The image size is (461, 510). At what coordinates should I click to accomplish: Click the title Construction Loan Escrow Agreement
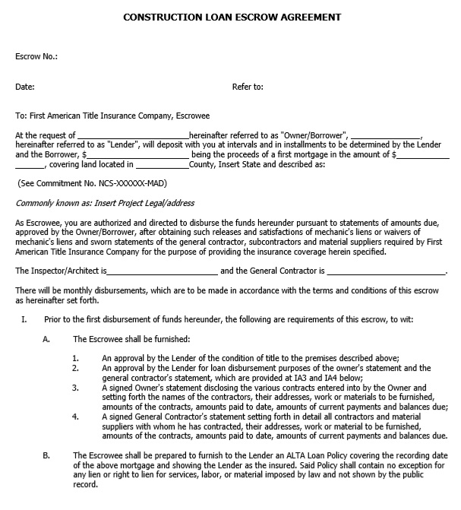click(231, 16)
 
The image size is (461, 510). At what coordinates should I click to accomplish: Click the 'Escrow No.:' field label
click(36, 56)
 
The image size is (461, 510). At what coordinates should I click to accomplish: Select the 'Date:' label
click(25, 87)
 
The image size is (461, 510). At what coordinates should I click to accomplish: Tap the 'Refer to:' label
click(248, 87)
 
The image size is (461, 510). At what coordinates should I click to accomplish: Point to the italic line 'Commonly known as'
click(105, 203)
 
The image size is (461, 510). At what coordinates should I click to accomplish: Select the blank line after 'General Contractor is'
click(386, 271)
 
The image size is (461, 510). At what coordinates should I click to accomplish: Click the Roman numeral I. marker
click(24, 319)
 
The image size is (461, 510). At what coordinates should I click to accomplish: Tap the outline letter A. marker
click(46, 339)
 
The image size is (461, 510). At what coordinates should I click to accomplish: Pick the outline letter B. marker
click(46, 455)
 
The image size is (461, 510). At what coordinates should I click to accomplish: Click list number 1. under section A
click(76, 358)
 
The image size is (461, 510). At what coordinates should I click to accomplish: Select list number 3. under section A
click(76, 387)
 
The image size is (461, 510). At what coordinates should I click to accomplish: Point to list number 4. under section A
click(76, 416)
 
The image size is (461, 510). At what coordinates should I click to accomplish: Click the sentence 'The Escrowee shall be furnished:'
click(131, 339)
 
